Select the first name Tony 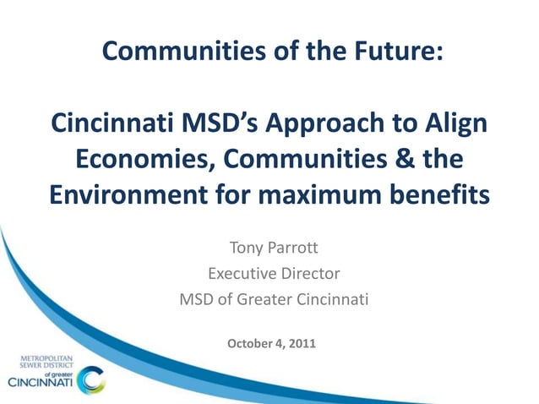coord(247,249)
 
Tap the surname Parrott coord(293,249)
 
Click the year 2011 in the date coord(302,343)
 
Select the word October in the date coord(252,343)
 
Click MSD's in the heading coord(224,124)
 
